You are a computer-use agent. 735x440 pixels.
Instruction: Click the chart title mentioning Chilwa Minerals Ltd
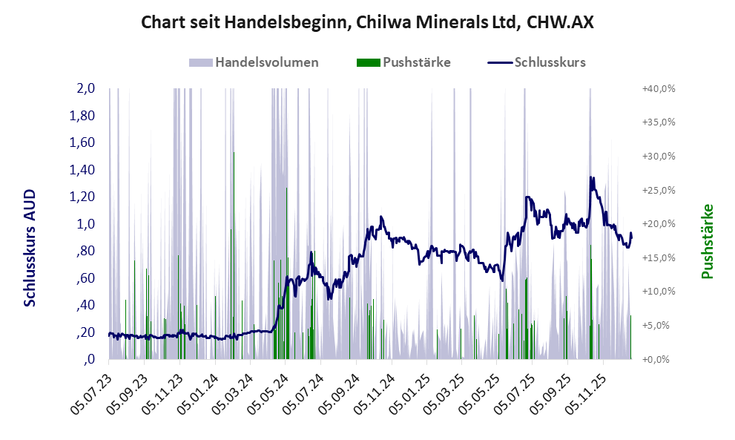(x=367, y=23)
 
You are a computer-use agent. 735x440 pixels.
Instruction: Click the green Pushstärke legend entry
(x=403, y=62)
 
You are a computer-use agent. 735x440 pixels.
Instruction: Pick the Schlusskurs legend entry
(x=537, y=62)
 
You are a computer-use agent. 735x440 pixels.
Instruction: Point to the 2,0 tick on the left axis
(x=85, y=88)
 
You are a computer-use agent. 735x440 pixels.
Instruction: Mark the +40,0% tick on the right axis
(x=658, y=88)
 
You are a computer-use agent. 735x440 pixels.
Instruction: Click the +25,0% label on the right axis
(x=658, y=190)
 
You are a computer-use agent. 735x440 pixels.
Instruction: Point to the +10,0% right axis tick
(x=658, y=292)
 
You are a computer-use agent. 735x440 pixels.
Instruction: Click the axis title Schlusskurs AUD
(x=30, y=248)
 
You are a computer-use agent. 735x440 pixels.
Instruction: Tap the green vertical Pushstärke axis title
(x=707, y=242)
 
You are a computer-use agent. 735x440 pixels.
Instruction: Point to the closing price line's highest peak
(x=591, y=177)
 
